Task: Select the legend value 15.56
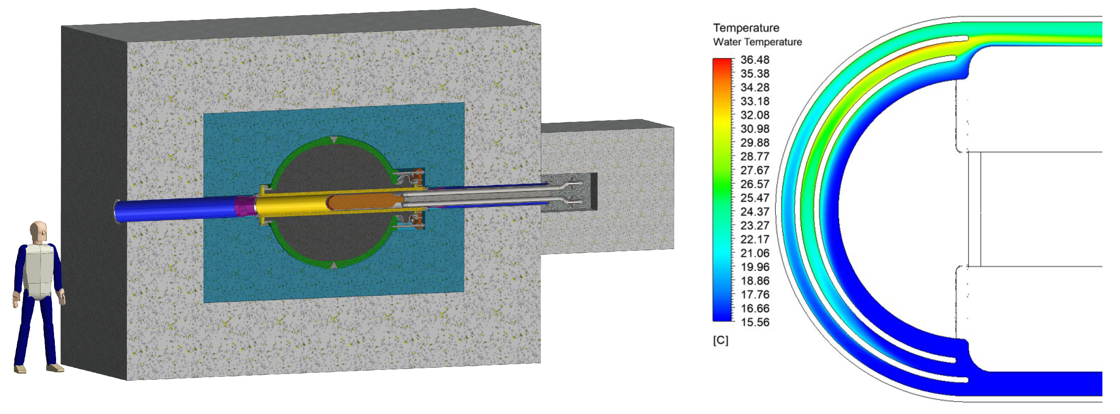click(x=755, y=322)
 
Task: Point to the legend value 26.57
click(x=755, y=184)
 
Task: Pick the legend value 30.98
click(x=755, y=128)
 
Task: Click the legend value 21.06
click(x=755, y=253)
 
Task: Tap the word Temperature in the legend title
click(x=746, y=28)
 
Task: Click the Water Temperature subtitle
click(x=757, y=42)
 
